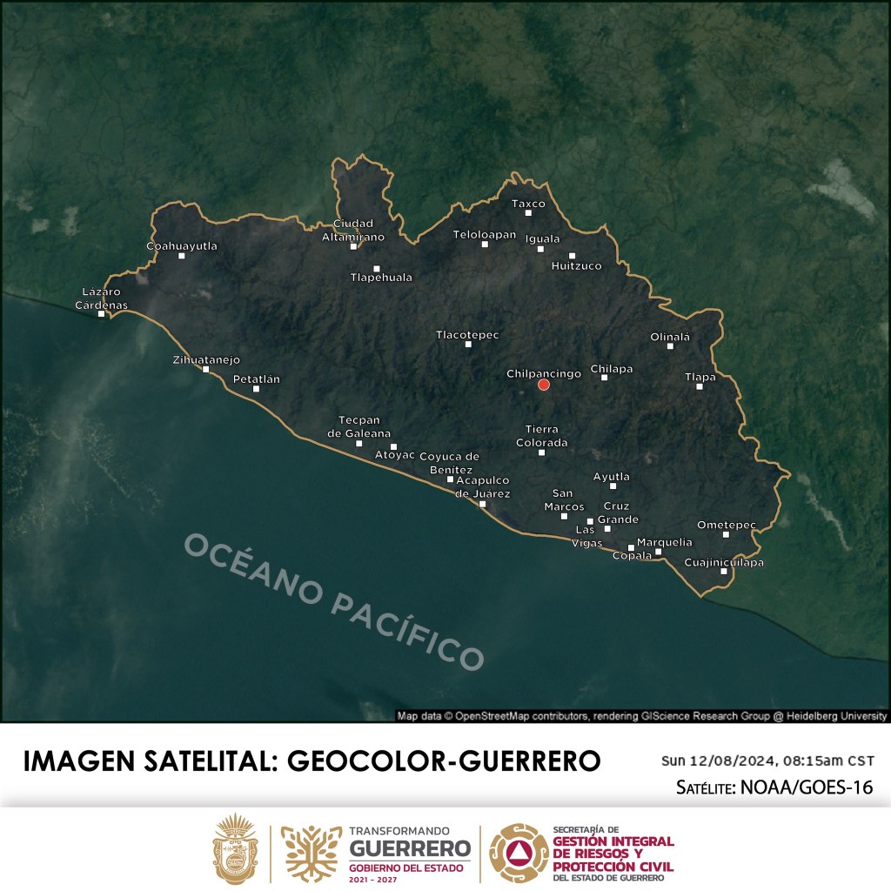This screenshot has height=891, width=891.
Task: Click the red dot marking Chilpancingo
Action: (x=544, y=385)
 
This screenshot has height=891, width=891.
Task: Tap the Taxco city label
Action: (x=528, y=204)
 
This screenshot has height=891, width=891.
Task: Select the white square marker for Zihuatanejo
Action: (x=206, y=370)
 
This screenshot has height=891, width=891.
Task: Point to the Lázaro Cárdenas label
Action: (x=102, y=298)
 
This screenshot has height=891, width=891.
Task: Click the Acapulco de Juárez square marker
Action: (x=483, y=504)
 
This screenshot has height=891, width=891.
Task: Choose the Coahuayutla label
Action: (x=182, y=246)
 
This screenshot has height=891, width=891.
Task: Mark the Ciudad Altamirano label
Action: (x=352, y=230)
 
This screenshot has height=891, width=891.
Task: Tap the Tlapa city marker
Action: (x=700, y=386)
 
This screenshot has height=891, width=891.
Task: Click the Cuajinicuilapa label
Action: (x=724, y=562)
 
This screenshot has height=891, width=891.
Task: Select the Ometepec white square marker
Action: (x=726, y=534)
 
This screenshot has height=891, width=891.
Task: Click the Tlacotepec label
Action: (x=467, y=334)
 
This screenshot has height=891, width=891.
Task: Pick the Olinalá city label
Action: (x=670, y=337)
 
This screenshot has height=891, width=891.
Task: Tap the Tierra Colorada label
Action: (x=542, y=436)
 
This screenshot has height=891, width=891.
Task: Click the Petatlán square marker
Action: (x=256, y=389)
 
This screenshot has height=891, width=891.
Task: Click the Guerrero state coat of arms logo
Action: (x=236, y=849)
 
